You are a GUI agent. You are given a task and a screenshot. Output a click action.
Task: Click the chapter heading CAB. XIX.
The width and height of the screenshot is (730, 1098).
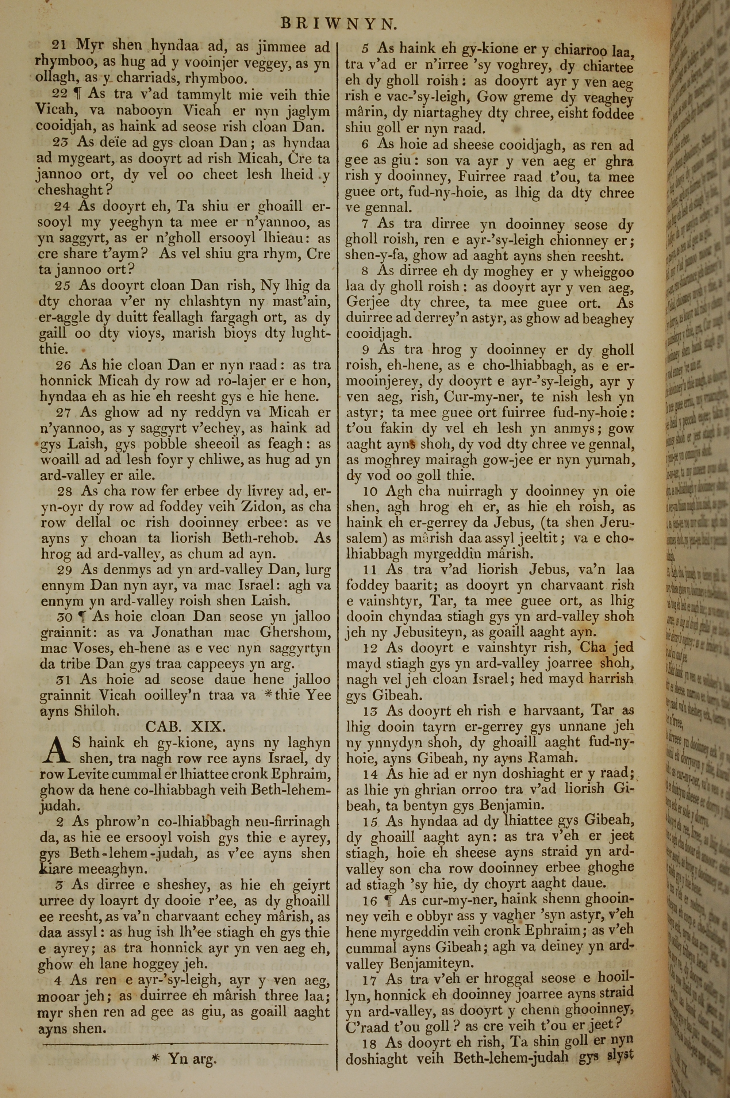(x=186, y=726)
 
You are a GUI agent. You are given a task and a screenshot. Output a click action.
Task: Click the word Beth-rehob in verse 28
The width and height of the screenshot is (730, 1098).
(x=257, y=538)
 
